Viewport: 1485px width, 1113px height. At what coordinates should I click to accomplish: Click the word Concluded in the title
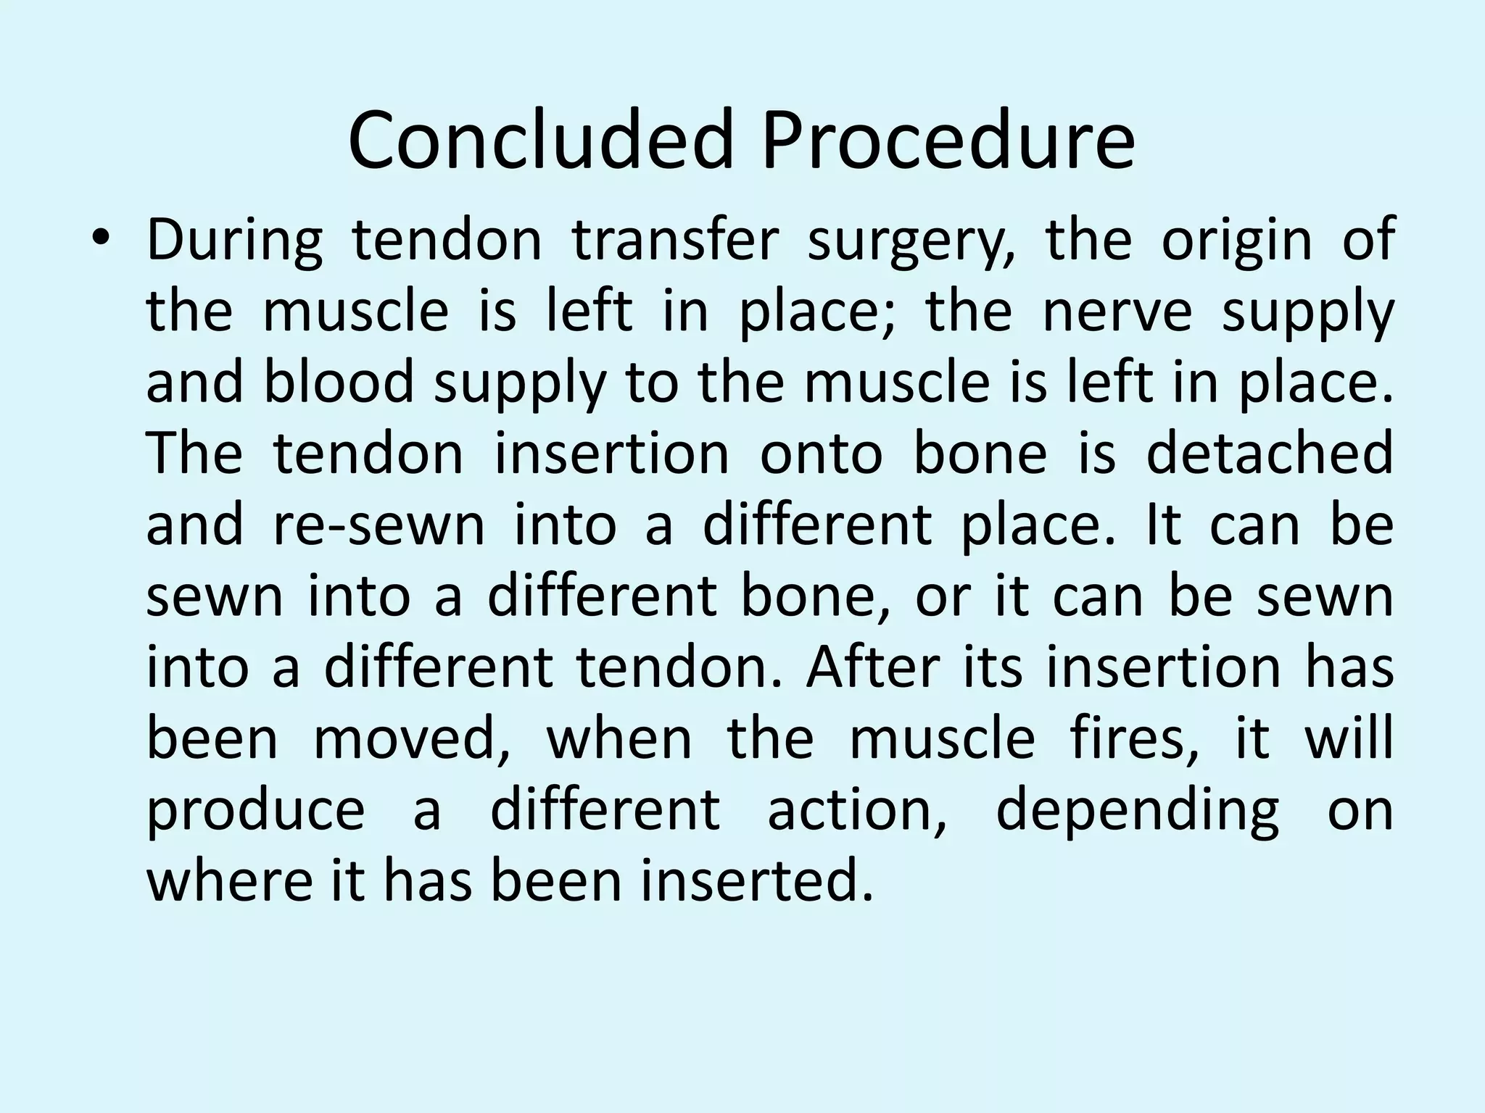[541, 141]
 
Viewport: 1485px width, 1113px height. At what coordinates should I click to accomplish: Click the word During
[234, 241]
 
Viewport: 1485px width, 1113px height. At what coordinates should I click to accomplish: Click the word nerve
[1117, 312]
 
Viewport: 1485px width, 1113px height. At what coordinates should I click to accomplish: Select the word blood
[339, 382]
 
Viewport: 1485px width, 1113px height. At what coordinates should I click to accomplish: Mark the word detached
[1270, 453]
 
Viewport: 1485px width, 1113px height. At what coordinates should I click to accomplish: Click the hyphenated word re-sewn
[379, 524]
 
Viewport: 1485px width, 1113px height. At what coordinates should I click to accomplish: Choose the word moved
[412, 738]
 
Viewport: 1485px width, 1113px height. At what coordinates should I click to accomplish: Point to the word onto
[821, 453]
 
